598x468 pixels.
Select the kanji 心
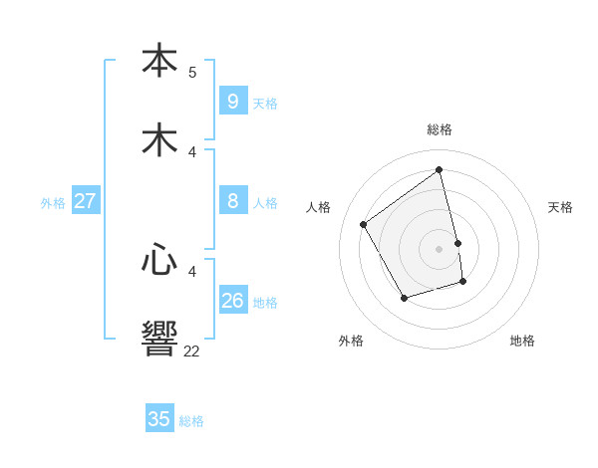159,260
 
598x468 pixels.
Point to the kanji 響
159,338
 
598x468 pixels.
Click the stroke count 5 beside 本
192,72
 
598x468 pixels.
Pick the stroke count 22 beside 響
191,351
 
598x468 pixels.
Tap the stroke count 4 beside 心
192,271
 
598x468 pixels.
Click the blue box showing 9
232,101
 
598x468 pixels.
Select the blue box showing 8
232,201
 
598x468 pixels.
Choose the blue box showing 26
232,300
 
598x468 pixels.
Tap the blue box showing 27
85,201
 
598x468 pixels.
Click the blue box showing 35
159,419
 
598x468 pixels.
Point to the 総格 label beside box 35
191,421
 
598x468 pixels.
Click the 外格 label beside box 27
53,203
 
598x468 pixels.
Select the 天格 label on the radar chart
560,207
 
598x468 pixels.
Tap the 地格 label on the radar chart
522,341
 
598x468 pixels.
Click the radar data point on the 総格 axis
440,169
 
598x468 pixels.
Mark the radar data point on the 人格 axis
364,224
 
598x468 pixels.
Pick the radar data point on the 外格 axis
404,298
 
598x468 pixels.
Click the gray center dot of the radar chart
440,249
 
